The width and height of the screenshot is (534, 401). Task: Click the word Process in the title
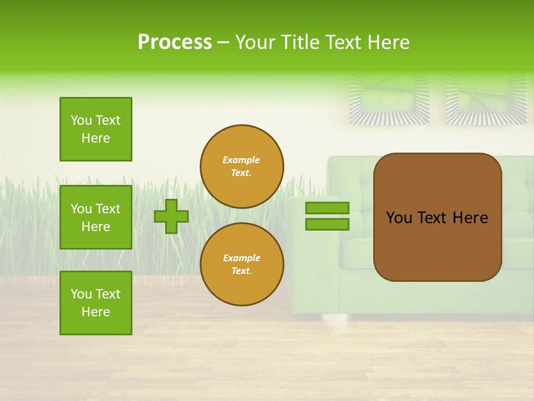tap(175, 42)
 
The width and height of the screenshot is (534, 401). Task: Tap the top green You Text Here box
tap(96, 129)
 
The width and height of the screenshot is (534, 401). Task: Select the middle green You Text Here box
tap(96, 217)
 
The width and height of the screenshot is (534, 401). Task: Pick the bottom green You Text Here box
tap(96, 303)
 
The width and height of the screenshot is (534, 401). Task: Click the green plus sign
tap(171, 216)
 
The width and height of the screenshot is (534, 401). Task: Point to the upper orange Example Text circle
tap(242, 167)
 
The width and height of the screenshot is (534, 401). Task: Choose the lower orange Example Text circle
tap(242, 265)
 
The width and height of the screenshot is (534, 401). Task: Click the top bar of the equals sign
tap(327, 208)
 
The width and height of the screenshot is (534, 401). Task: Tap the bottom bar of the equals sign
tap(327, 224)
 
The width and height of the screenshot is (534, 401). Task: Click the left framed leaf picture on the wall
tap(389, 99)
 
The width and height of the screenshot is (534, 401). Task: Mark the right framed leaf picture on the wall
tap(487, 99)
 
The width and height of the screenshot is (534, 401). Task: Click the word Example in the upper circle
tap(241, 160)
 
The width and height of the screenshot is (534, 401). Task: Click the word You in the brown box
tap(398, 218)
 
